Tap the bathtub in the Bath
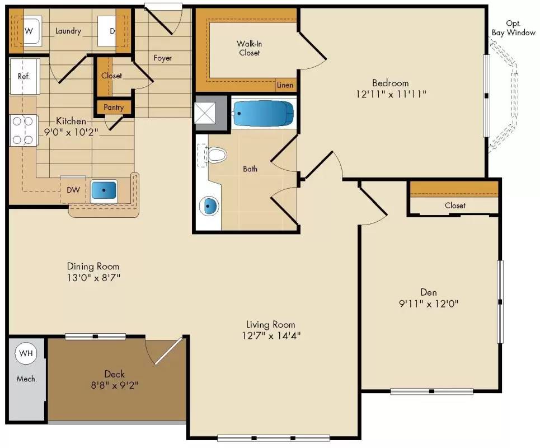(x=263, y=114)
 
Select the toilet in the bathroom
(x=216, y=154)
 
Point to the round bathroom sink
(x=209, y=207)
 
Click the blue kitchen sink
(x=104, y=190)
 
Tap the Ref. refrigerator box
(x=24, y=76)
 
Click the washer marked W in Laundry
(x=31, y=29)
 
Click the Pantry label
(x=114, y=107)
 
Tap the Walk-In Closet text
(x=248, y=48)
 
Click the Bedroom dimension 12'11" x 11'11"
(x=391, y=94)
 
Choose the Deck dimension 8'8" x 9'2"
(x=114, y=385)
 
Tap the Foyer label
(x=163, y=58)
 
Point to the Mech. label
(x=26, y=379)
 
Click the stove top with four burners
(x=23, y=130)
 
